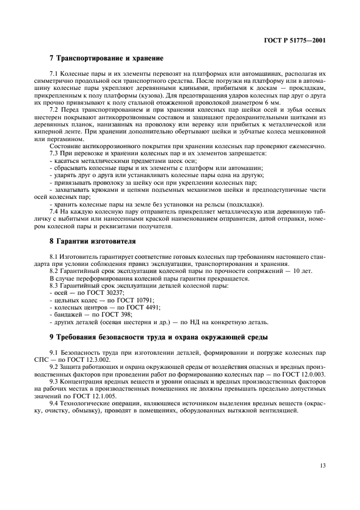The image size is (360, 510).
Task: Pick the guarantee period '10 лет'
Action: tap(302, 271)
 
